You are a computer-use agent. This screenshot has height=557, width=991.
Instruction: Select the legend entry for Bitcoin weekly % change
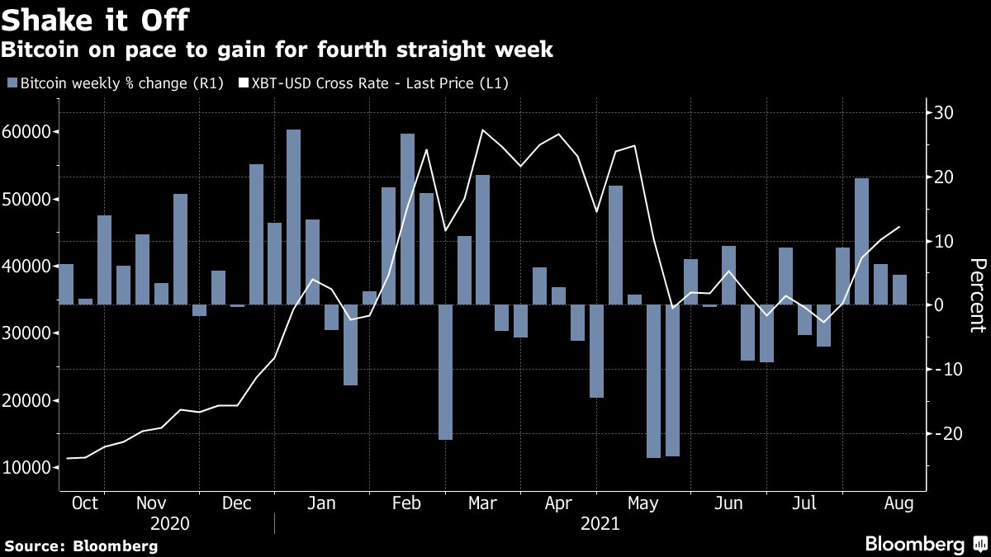click(116, 83)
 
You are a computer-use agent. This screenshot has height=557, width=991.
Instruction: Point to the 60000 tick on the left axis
click(29, 132)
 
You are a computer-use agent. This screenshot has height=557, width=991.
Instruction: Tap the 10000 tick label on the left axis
click(29, 468)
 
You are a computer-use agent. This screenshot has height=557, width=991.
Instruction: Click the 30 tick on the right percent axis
click(943, 113)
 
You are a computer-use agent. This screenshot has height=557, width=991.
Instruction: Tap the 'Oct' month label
click(85, 503)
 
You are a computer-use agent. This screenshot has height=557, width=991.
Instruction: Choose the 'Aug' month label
click(898, 503)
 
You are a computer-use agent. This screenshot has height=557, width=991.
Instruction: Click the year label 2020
click(170, 524)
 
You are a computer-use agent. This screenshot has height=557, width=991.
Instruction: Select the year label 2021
click(600, 524)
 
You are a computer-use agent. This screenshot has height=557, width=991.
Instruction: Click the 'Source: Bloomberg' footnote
click(80, 546)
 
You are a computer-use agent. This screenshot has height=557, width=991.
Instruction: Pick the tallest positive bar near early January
click(293, 217)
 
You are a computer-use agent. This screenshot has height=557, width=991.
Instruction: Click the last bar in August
click(899, 290)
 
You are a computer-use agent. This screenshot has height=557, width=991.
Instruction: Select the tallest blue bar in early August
click(861, 242)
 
